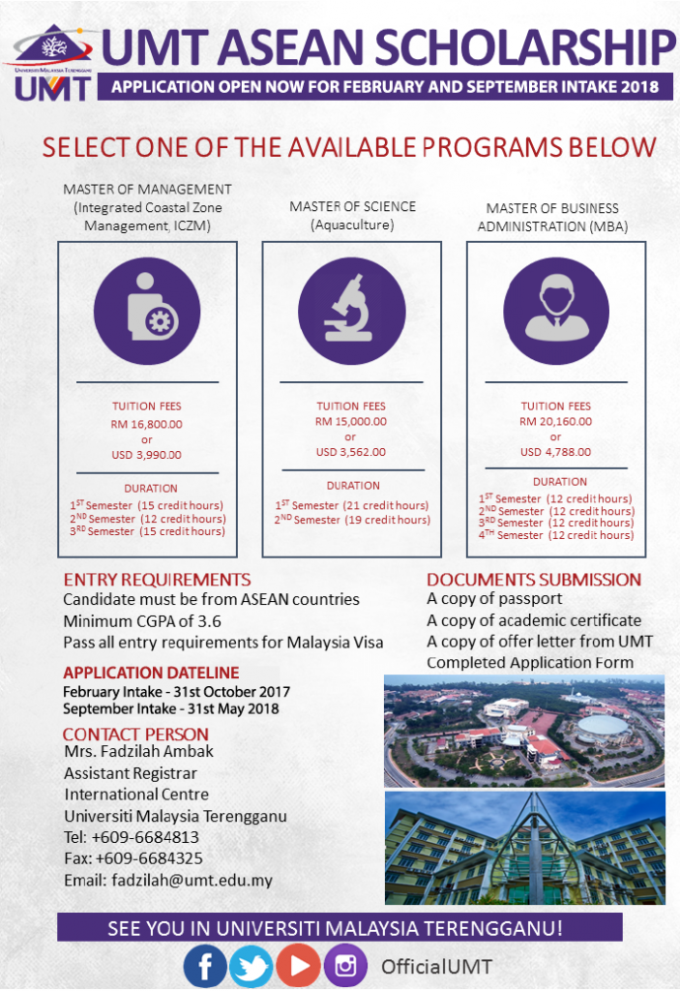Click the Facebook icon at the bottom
[205, 965]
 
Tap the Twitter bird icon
[251, 965]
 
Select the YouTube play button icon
[298, 965]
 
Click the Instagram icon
[345, 965]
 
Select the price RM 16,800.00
[147, 423]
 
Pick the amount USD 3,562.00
[351, 451]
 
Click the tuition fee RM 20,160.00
[556, 421]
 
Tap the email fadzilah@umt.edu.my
[168, 880]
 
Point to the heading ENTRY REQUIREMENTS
[157, 580]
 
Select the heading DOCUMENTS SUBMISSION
[534, 580]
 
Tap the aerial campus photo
[524, 731]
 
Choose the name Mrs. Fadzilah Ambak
[138, 751]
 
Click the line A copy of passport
[494, 599]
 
